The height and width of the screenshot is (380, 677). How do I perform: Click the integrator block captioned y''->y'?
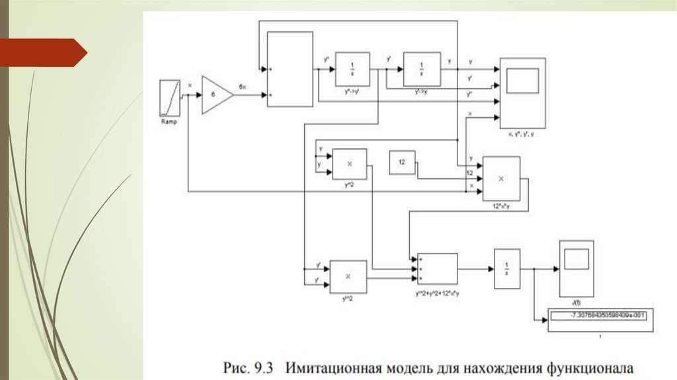[352, 68]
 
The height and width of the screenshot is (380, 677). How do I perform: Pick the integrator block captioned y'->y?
[422, 68]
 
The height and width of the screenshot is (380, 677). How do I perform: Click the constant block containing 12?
[402, 163]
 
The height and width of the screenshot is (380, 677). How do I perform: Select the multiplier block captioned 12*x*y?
[501, 178]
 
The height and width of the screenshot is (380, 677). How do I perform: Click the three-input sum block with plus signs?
[437, 269]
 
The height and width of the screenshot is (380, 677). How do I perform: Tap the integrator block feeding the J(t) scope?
[507, 269]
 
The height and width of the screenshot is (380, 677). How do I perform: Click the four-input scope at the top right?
[522, 93]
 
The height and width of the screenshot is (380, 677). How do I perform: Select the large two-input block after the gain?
[290, 69]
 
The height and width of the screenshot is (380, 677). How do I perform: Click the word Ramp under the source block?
[169, 122]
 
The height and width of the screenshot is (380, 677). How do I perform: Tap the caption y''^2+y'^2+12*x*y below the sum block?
[437, 292]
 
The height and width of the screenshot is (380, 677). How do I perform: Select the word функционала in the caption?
[590, 365]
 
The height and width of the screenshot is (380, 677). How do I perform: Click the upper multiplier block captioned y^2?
[350, 163]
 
